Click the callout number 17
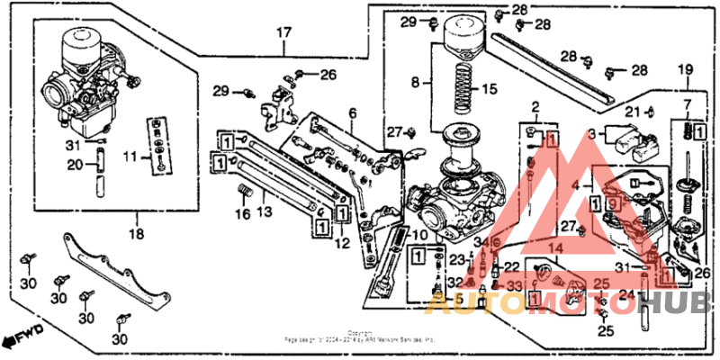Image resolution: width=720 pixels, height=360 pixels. coord(284,33)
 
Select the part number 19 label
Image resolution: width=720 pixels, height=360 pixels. coord(685,70)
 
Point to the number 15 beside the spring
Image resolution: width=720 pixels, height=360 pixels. coord(489,89)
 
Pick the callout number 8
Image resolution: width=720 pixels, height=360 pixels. coord(415,82)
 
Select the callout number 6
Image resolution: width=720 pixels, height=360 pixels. coord(353,113)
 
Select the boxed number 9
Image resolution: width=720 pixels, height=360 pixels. coord(613,203)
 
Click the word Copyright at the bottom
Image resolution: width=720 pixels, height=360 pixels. coord(360,332)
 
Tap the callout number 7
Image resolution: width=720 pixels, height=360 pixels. coord(687,103)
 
